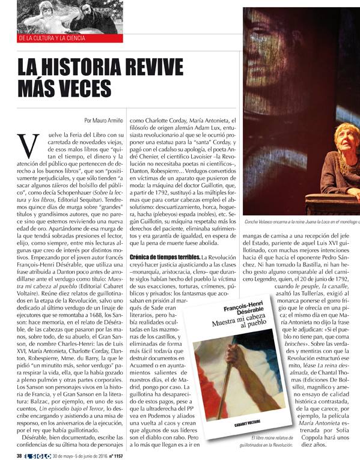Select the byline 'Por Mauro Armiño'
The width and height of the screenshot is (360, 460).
pyautogui.click(x=100, y=120)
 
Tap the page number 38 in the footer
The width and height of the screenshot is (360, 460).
pyautogui.click(x=20, y=455)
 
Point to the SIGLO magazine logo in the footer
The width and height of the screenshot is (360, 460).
pyautogui.click(x=37, y=455)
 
